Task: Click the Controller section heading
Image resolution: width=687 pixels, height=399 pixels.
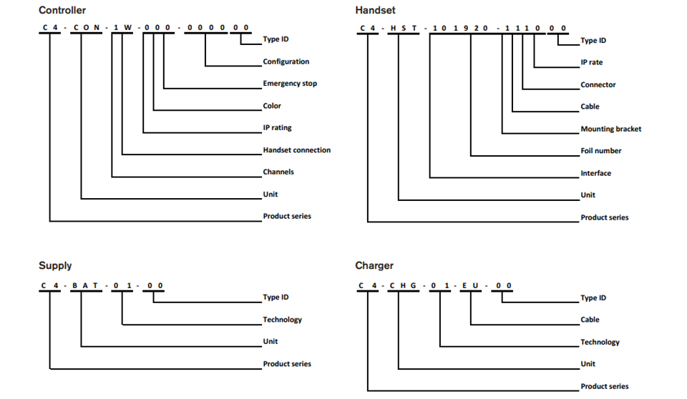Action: point(62,10)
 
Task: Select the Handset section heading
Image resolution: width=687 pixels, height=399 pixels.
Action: point(375,10)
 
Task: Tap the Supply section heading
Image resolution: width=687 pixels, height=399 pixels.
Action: point(55,265)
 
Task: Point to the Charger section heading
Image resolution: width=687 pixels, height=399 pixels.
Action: point(374,265)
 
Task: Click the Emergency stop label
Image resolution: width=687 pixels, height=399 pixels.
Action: point(290,83)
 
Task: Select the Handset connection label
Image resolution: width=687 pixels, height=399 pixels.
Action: point(296,149)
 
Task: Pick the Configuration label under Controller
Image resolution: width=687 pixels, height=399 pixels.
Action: point(286,61)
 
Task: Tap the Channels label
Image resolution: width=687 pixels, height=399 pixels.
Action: point(278,172)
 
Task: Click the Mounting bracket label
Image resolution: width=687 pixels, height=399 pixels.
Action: point(610,129)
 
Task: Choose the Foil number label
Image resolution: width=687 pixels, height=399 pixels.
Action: point(600,151)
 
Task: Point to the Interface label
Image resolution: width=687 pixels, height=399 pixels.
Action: point(595,173)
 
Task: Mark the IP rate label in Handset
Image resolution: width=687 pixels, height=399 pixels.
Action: point(592,62)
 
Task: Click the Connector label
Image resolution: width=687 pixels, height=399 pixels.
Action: point(598,84)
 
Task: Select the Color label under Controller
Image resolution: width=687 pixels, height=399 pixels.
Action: point(272,106)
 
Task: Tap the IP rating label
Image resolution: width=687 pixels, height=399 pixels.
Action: point(277,127)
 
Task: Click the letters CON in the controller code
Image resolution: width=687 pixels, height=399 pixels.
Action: point(87,28)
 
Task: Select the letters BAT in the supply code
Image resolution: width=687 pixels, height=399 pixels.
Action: point(85,285)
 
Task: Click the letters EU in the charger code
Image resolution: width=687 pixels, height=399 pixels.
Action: point(470,285)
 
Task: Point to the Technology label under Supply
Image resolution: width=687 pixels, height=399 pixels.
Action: point(282,320)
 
